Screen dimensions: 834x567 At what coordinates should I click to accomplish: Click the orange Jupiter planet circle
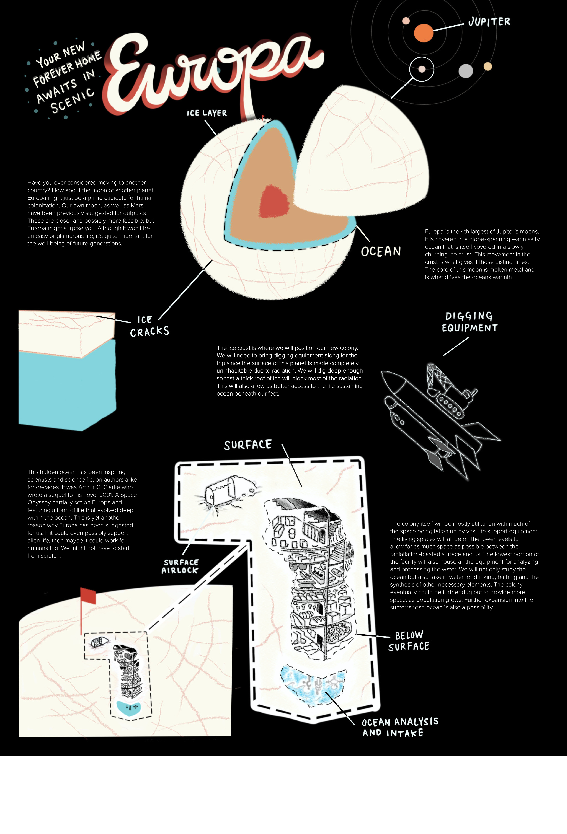(424, 33)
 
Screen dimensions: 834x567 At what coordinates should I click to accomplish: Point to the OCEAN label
(381, 251)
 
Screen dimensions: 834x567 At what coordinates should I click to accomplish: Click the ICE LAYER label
(207, 113)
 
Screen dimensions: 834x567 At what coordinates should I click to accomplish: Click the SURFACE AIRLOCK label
(180, 566)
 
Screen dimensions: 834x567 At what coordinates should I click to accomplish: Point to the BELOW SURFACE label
(409, 641)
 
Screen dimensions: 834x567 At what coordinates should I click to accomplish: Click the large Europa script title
(212, 72)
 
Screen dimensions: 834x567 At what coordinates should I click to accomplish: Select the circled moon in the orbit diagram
(422, 69)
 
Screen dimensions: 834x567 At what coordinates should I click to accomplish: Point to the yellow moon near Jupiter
(488, 66)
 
